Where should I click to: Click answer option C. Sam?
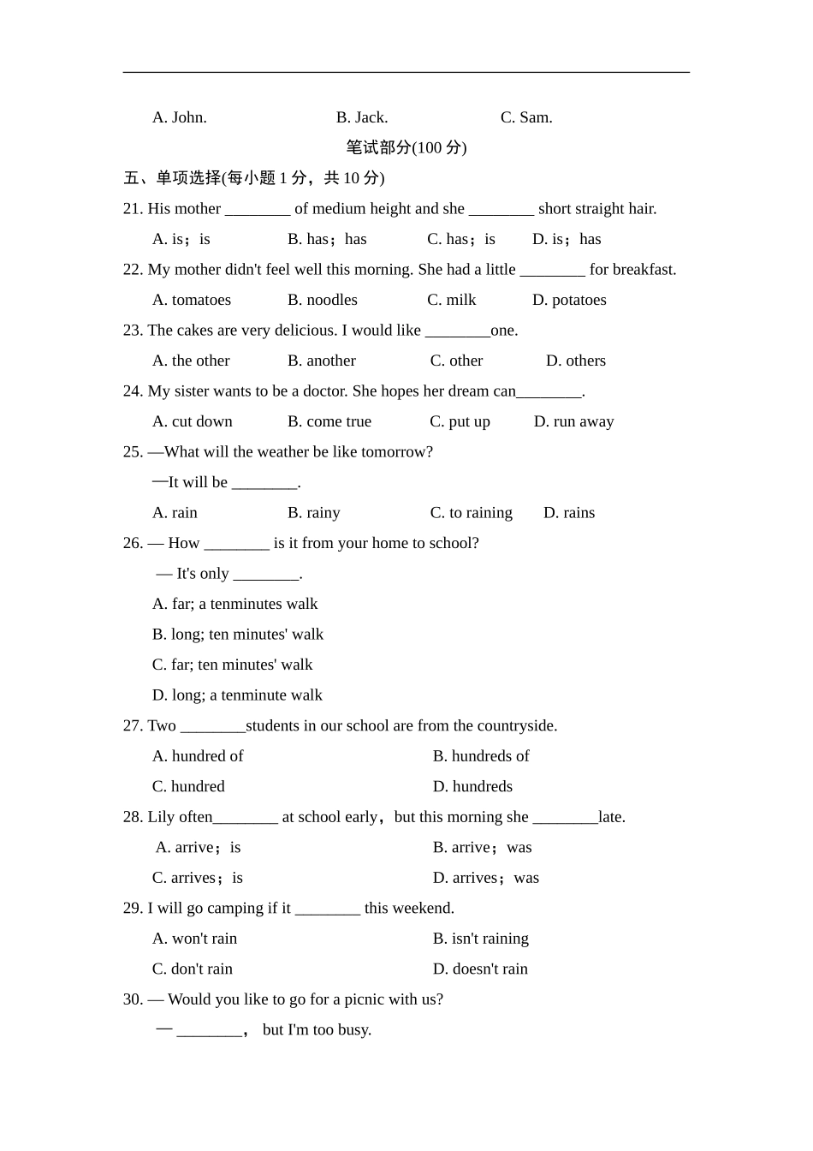click(x=526, y=117)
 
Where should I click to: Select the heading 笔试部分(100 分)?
click(x=406, y=147)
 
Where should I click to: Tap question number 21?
click(x=133, y=209)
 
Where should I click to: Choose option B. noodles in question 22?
click(x=323, y=300)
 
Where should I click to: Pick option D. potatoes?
click(x=569, y=300)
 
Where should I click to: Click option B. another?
click(x=322, y=361)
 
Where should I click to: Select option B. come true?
click(x=329, y=421)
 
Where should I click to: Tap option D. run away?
click(x=573, y=421)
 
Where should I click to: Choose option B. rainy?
click(x=314, y=513)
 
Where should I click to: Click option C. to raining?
click(x=471, y=513)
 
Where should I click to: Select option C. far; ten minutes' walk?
click(x=232, y=665)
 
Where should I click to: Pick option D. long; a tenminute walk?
click(x=237, y=695)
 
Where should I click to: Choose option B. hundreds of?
click(x=481, y=756)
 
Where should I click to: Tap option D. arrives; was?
click(x=486, y=878)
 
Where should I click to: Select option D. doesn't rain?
click(x=480, y=969)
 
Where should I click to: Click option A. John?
click(x=180, y=117)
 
